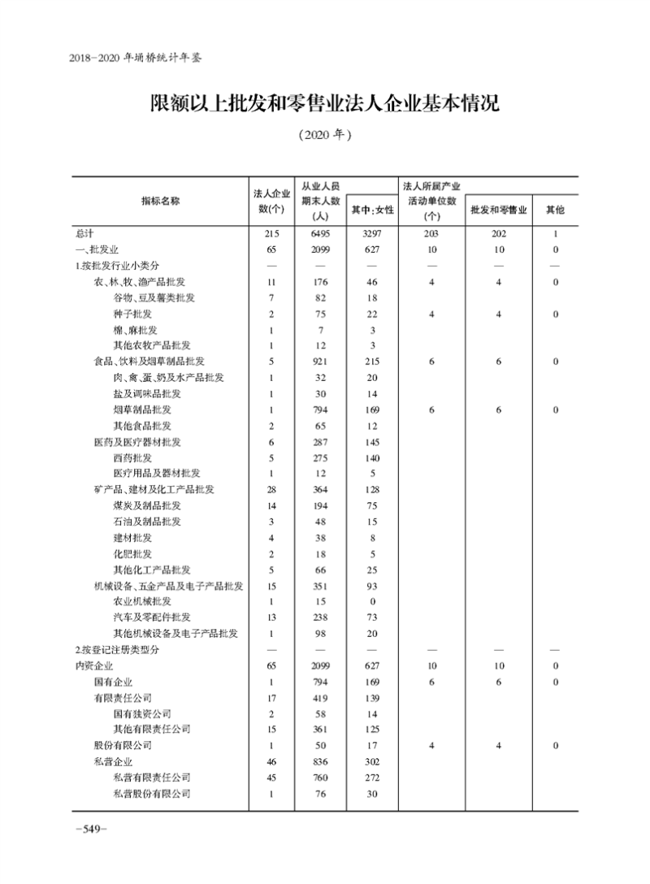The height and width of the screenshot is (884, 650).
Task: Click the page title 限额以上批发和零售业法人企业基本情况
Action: [325, 104]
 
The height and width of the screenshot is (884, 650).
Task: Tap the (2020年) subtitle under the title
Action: [325, 135]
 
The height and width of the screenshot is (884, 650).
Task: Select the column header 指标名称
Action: [160, 201]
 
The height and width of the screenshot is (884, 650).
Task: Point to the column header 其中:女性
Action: [372, 210]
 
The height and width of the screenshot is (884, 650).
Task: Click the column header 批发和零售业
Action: [499, 210]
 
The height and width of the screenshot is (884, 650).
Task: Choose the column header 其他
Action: [555, 210]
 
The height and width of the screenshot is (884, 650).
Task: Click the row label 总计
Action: [84, 234]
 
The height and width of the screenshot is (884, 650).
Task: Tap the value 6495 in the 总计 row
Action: [319, 234]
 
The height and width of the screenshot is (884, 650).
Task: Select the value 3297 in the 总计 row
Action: [372, 234]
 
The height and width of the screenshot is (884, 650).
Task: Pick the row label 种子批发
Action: [132, 314]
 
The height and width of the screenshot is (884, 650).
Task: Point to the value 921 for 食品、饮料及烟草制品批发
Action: [319, 362]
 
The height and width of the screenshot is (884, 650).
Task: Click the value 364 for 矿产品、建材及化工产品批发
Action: [319, 489]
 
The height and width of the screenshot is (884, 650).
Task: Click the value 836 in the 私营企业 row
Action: [319, 761]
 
